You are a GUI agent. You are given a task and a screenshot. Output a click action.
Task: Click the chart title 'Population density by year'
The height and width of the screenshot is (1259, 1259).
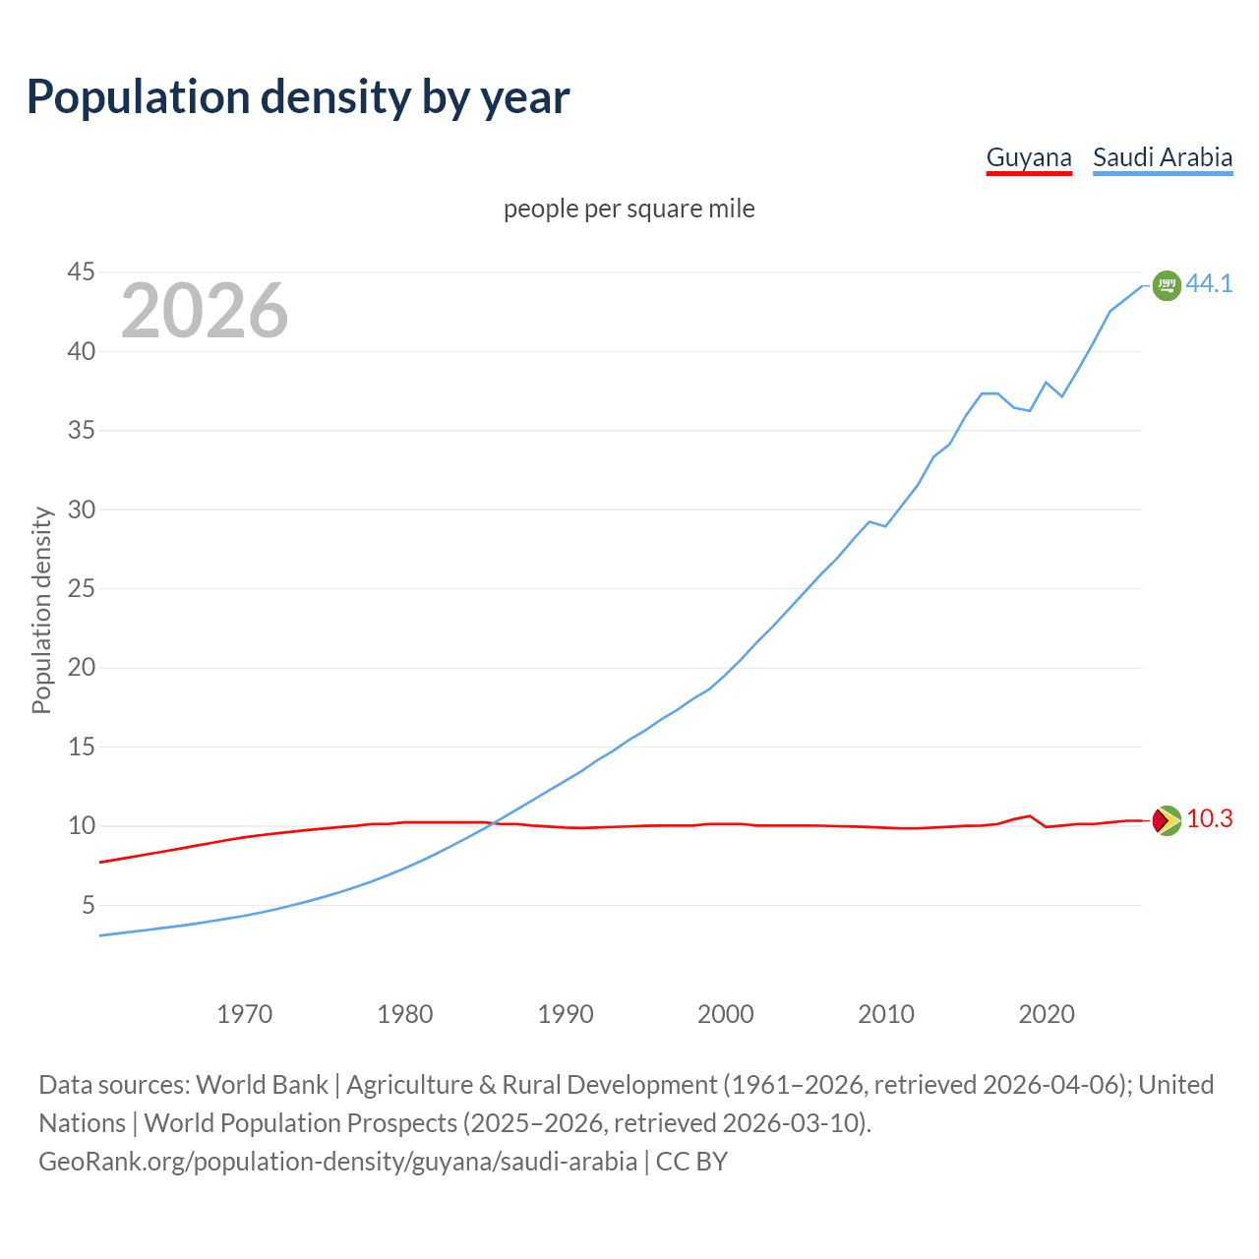[298, 96]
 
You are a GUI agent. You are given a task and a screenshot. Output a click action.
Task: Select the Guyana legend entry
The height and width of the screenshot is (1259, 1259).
[1029, 157]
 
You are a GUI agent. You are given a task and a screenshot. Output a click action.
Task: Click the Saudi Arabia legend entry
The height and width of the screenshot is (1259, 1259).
[1163, 157]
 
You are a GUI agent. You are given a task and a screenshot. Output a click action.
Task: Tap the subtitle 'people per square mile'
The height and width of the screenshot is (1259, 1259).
[629, 210]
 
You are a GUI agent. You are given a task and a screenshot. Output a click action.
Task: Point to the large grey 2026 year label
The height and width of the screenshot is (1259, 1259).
[205, 311]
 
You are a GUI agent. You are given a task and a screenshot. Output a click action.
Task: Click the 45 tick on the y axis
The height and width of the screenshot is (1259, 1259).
[82, 272]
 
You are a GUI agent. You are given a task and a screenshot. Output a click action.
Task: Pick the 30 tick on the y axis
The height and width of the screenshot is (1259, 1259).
[82, 510]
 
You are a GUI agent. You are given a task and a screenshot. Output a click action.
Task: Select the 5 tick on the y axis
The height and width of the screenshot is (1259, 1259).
[89, 905]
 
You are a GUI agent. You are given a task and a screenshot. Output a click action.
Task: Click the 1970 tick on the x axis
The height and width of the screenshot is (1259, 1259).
[245, 1014]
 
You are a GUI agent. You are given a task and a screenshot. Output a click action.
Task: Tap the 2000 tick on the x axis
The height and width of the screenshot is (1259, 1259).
[726, 1014]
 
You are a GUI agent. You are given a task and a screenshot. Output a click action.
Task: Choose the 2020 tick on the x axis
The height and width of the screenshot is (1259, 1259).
[1047, 1014]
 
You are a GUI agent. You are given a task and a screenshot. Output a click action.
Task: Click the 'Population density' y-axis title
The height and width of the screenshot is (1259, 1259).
[41, 610]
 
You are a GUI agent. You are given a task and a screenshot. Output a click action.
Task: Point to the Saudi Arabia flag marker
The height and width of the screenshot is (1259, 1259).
[1167, 285]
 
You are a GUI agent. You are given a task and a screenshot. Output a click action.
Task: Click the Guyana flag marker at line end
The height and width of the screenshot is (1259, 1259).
[1167, 820]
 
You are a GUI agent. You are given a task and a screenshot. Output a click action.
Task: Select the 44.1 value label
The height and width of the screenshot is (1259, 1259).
[1209, 283]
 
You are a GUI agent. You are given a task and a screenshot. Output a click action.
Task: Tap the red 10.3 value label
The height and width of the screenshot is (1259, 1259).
[1209, 819]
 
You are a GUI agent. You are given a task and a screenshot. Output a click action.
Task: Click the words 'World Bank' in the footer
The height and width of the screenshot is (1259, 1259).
[262, 1085]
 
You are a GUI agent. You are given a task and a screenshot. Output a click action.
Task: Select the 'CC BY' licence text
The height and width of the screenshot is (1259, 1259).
[691, 1162]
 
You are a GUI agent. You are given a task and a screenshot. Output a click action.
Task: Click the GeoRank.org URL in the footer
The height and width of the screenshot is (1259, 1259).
[337, 1162]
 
